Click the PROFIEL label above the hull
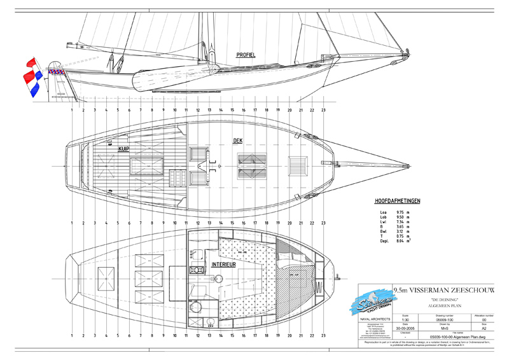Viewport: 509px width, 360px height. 246,55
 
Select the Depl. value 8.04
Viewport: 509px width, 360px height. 401,242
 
